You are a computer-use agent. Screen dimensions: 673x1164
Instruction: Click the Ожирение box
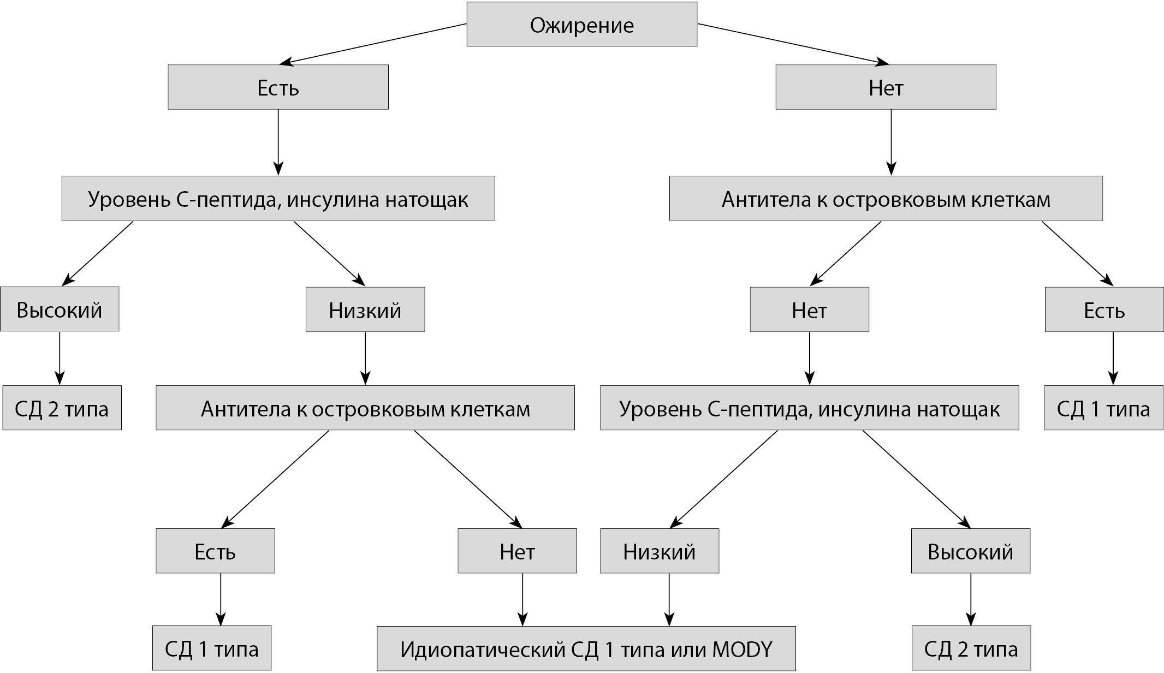581,25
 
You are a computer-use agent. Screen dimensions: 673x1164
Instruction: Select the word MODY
742,650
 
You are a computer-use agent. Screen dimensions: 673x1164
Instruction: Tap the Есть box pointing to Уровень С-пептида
278,87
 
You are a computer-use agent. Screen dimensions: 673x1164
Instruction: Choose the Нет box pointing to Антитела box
886,87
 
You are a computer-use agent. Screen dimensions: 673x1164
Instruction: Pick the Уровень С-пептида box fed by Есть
278,199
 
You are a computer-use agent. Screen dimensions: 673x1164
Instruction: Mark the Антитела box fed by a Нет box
886,199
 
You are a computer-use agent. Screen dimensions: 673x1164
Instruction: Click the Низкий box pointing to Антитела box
365,310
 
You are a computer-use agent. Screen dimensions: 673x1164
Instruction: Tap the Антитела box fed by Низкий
365,409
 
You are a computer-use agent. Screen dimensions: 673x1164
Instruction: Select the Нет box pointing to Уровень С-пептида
809,310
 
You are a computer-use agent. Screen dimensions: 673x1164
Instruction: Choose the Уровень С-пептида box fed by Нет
809,409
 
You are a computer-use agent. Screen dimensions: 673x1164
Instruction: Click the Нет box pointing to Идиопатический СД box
517,551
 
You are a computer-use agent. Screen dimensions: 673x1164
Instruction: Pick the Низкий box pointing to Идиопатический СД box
659,551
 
